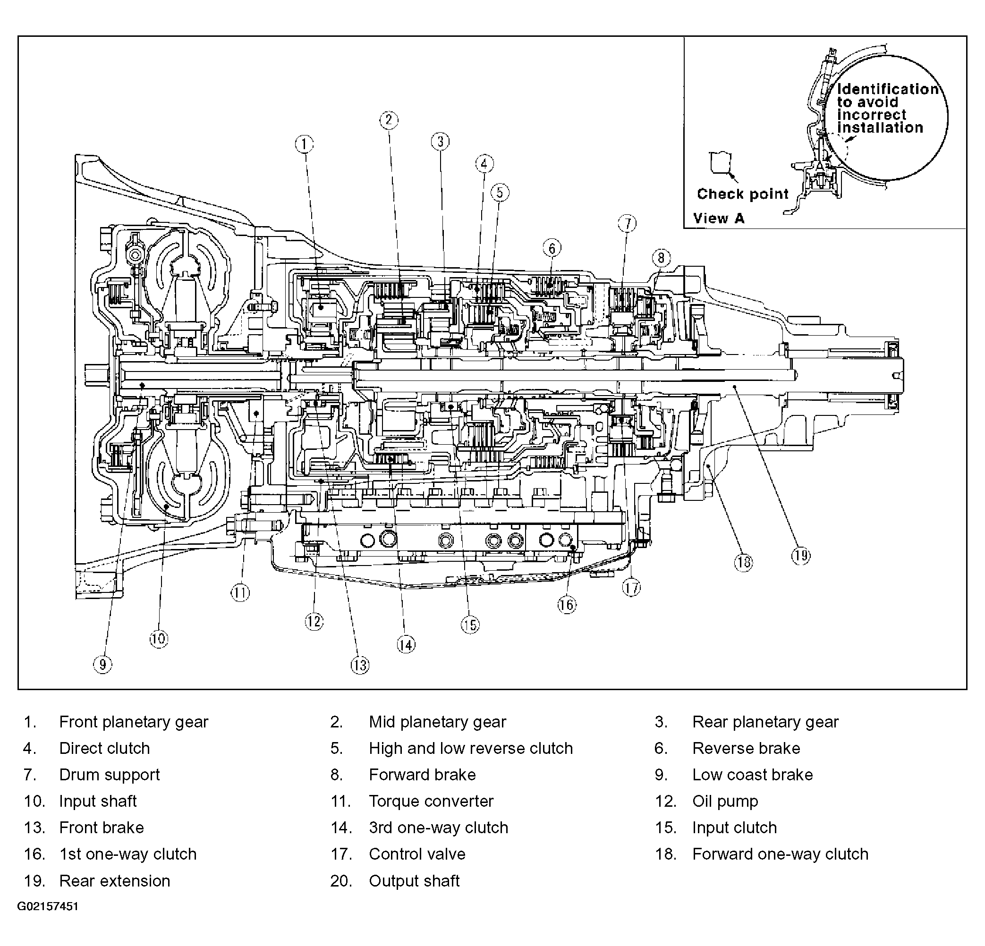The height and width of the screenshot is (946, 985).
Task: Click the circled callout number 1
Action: click(304, 144)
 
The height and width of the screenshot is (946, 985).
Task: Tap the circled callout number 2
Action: click(389, 120)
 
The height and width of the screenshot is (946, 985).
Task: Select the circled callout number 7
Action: click(627, 223)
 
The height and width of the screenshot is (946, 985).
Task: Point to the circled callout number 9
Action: click(103, 665)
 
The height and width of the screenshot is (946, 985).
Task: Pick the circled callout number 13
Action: click(360, 665)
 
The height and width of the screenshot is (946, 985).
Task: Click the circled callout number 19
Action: click(801, 555)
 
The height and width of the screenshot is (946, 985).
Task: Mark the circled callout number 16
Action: click(567, 604)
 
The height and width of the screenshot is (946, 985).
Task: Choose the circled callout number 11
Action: click(240, 593)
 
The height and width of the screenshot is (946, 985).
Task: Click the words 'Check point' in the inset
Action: click(743, 194)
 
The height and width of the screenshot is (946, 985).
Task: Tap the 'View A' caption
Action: click(719, 219)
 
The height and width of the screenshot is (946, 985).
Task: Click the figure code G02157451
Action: click(48, 907)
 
